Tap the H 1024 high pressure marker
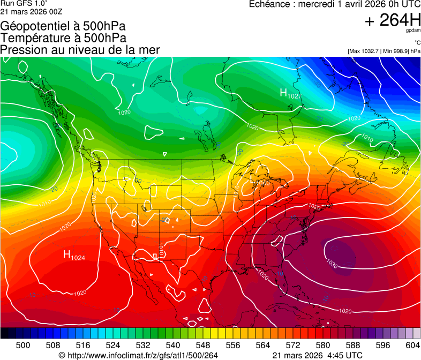[x=74, y=256]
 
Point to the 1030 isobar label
[x=332, y=265]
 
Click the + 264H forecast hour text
[x=393, y=20]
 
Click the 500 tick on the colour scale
[x=23, y=345]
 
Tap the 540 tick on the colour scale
[x=173, y=345]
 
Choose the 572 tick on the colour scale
[x=292, y=345]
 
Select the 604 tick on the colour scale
[x=412, y=345]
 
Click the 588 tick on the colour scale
[x=352, y=345]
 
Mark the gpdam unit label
[x=414, y=31]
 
